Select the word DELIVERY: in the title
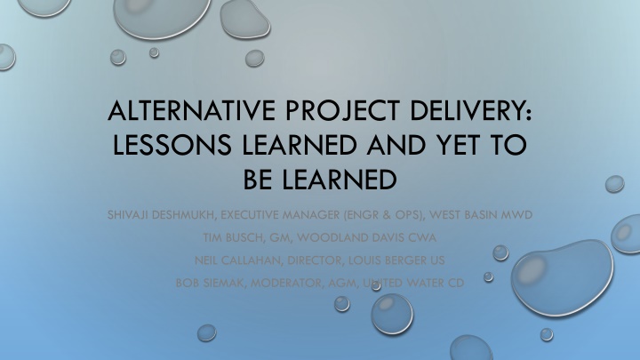pos(471,110)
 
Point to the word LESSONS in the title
pos(172,145)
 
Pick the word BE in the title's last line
pos(258,180)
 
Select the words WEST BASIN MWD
pos(481,215)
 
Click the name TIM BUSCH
pos(234,237)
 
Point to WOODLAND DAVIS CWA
pos(366,237)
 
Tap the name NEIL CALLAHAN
pos(238,260)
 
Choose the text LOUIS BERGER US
pos(396,260)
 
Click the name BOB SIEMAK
pos(210,283)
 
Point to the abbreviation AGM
pos(344,283)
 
